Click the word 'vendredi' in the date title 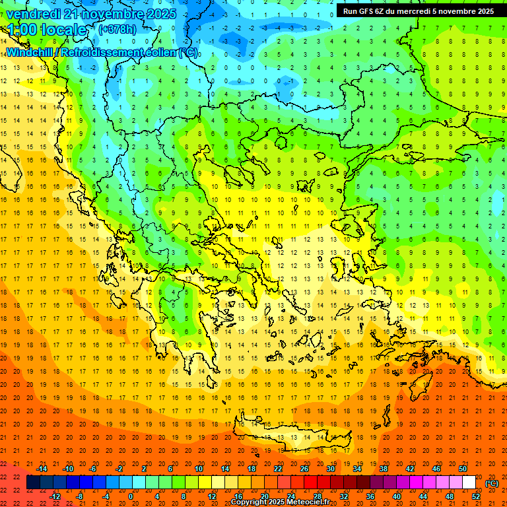point(34,14)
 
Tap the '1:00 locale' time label point(47,30)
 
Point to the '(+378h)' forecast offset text point(118,29)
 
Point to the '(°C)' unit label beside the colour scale point(492,483)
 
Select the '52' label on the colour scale point(476,496)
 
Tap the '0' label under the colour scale point(131,496)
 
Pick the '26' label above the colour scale point(304,469)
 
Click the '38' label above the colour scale point(383,469)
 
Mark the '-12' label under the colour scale point(55,496)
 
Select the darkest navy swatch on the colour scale point(33,483)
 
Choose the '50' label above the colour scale point(462,469)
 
